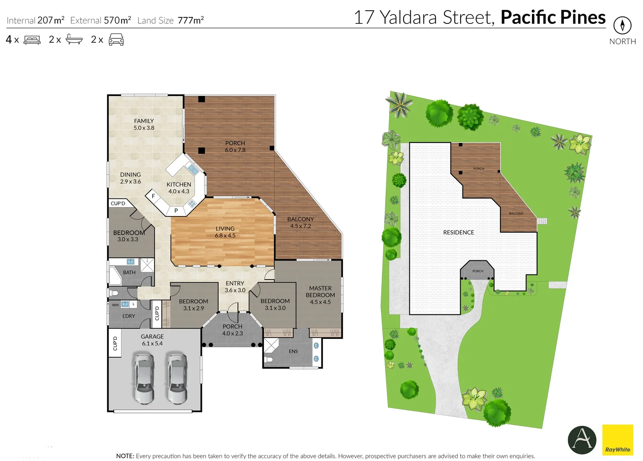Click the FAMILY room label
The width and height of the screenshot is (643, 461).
click(x=144, y=124)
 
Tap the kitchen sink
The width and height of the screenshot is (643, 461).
click(x=193, y=169)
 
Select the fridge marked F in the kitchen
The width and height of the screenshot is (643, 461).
click(x=153, y=196)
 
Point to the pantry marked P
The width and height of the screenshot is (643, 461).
click(x=176, y=210)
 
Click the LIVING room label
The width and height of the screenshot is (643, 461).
click(x=225, y=232)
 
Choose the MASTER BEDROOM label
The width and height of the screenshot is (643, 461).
click(x=320, y=295)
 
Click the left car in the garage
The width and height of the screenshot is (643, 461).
click(x=144, y=378)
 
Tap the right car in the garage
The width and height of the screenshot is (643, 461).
click(x=177, y=378)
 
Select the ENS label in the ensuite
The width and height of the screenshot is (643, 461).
click(x=293, y=351)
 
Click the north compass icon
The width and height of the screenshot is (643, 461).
click(x=622, y=26)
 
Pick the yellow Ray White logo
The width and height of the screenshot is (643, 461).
click(x=617, y=440)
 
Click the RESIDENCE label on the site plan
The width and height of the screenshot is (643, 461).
click(x=459, y=232)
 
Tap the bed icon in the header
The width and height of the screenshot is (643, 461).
click(x=32, y=40)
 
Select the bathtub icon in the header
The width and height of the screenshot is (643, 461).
click(x=74, y=40)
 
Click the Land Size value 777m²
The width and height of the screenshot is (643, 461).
click(x=190, y=20)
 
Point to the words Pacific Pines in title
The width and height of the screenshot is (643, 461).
click(x=553, y=18)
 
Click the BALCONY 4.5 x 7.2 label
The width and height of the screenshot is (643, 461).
click(x=301, y=222)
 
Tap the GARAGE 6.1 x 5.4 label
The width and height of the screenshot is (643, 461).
click(x=152, y=340)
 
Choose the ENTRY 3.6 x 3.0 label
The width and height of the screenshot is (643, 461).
click(x=235, y=286)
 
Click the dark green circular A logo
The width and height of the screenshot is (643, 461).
click(x=582, y=440)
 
